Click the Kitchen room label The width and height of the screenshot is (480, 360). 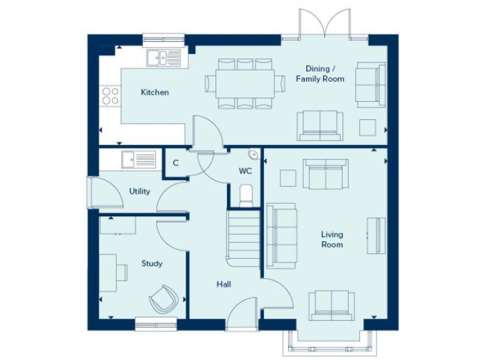[154, 92]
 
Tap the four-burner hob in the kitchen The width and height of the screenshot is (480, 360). [111, 95]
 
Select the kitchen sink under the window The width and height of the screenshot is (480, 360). [164, 58]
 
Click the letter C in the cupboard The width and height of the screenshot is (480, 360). [176, 163]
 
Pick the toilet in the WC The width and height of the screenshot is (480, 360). [246, 196]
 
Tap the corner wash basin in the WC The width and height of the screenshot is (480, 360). [253, 154]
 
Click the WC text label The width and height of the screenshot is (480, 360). [245, 171]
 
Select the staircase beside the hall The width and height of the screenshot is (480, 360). [243, 237]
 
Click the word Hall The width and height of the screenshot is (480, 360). [224, 284]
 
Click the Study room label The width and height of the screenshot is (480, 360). [152, 263]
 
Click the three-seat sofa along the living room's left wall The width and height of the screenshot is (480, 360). [281, 236]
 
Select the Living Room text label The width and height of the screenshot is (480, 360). [332, 239]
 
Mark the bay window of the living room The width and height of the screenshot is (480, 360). [332, 341]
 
